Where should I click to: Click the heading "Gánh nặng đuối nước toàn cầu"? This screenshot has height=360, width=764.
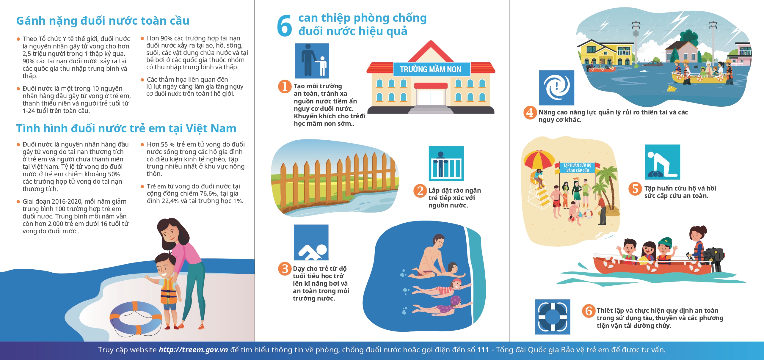[103, 21]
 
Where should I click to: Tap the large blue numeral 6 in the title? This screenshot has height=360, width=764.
[284, 26]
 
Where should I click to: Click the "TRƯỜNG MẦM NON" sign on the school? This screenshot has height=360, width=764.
[431, 69]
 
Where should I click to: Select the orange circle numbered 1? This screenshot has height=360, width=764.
[285, 86]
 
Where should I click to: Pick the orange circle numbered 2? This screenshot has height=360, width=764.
[420, 191]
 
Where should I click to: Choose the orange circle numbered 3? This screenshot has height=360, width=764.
[285, 269]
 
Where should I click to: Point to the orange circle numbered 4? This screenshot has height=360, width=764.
[530, 113]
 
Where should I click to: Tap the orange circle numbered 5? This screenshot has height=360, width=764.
[635, 188]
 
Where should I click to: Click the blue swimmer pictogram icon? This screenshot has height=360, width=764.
[311, 242]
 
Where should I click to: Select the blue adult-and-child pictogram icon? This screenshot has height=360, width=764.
[312, 61]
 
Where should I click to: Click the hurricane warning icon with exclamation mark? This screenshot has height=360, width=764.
[557, 88]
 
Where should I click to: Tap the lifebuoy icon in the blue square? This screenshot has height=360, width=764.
[553, 317]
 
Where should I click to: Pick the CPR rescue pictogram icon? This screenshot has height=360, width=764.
[663, 162]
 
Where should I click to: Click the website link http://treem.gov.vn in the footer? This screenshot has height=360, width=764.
[193, 350]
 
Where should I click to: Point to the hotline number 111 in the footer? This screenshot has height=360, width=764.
[483, 350]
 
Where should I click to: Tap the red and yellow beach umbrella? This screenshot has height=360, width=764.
[539, 161]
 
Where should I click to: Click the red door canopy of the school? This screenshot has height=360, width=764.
[431, 86]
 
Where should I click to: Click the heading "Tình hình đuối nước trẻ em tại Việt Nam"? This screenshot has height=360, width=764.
[126, 129]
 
